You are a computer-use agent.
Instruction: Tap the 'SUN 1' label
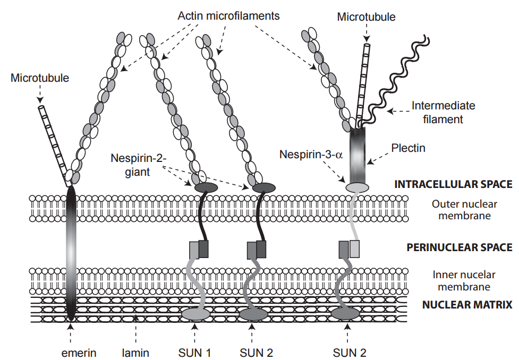pyautogui.click(x=195, y=352)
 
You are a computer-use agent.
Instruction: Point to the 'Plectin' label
pyautogui.click(x=408, y=148)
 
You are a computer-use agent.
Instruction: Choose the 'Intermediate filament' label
pyautogui.click(x=443, y=112)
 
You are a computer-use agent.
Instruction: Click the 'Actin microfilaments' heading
pyautogui.click(x=228, y=15)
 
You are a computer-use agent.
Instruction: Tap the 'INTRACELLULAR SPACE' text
pyautogui.click(x=453, y=184)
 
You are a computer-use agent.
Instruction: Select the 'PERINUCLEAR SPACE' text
pyautogui.click(x=459, y=247)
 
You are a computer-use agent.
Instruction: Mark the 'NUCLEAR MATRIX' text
pyautogui.click(x=467, y=305)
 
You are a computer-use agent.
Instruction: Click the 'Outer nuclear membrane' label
pyautogui.click(x=461, y=209)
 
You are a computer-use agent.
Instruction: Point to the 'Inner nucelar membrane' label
pyautogui.click(x=461, y=281)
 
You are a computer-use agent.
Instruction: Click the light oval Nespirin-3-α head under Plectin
pyautogui.click(x=357, y=187)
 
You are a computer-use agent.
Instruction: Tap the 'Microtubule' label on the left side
pyautogui.click(x=40, y=78)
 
